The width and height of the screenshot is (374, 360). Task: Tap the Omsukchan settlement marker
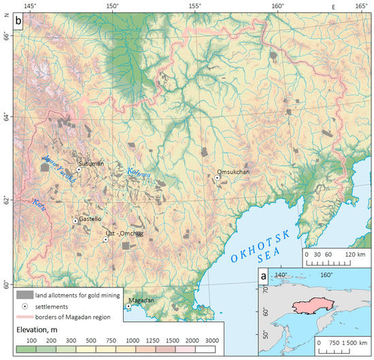[x=217, y=178]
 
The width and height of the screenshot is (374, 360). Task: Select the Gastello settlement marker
[x=75, y=221]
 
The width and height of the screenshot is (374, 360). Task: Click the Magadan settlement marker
[x=128, y=306]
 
